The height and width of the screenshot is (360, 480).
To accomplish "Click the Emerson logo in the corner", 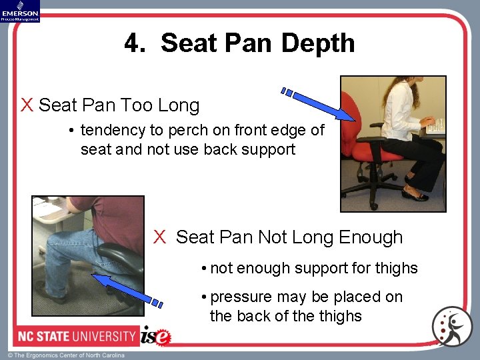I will click(x=20, y=11).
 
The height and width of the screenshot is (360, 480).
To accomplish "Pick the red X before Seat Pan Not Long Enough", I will click(x=159, y=237).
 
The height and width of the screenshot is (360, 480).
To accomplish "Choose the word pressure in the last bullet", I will click(x=241, y=297).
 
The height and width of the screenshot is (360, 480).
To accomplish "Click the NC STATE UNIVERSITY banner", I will click(x=69, y=335).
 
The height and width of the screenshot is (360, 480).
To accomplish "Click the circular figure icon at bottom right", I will click(x=451, y=327).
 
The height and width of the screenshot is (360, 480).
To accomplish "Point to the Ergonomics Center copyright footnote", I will click(x=65, y=355).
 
